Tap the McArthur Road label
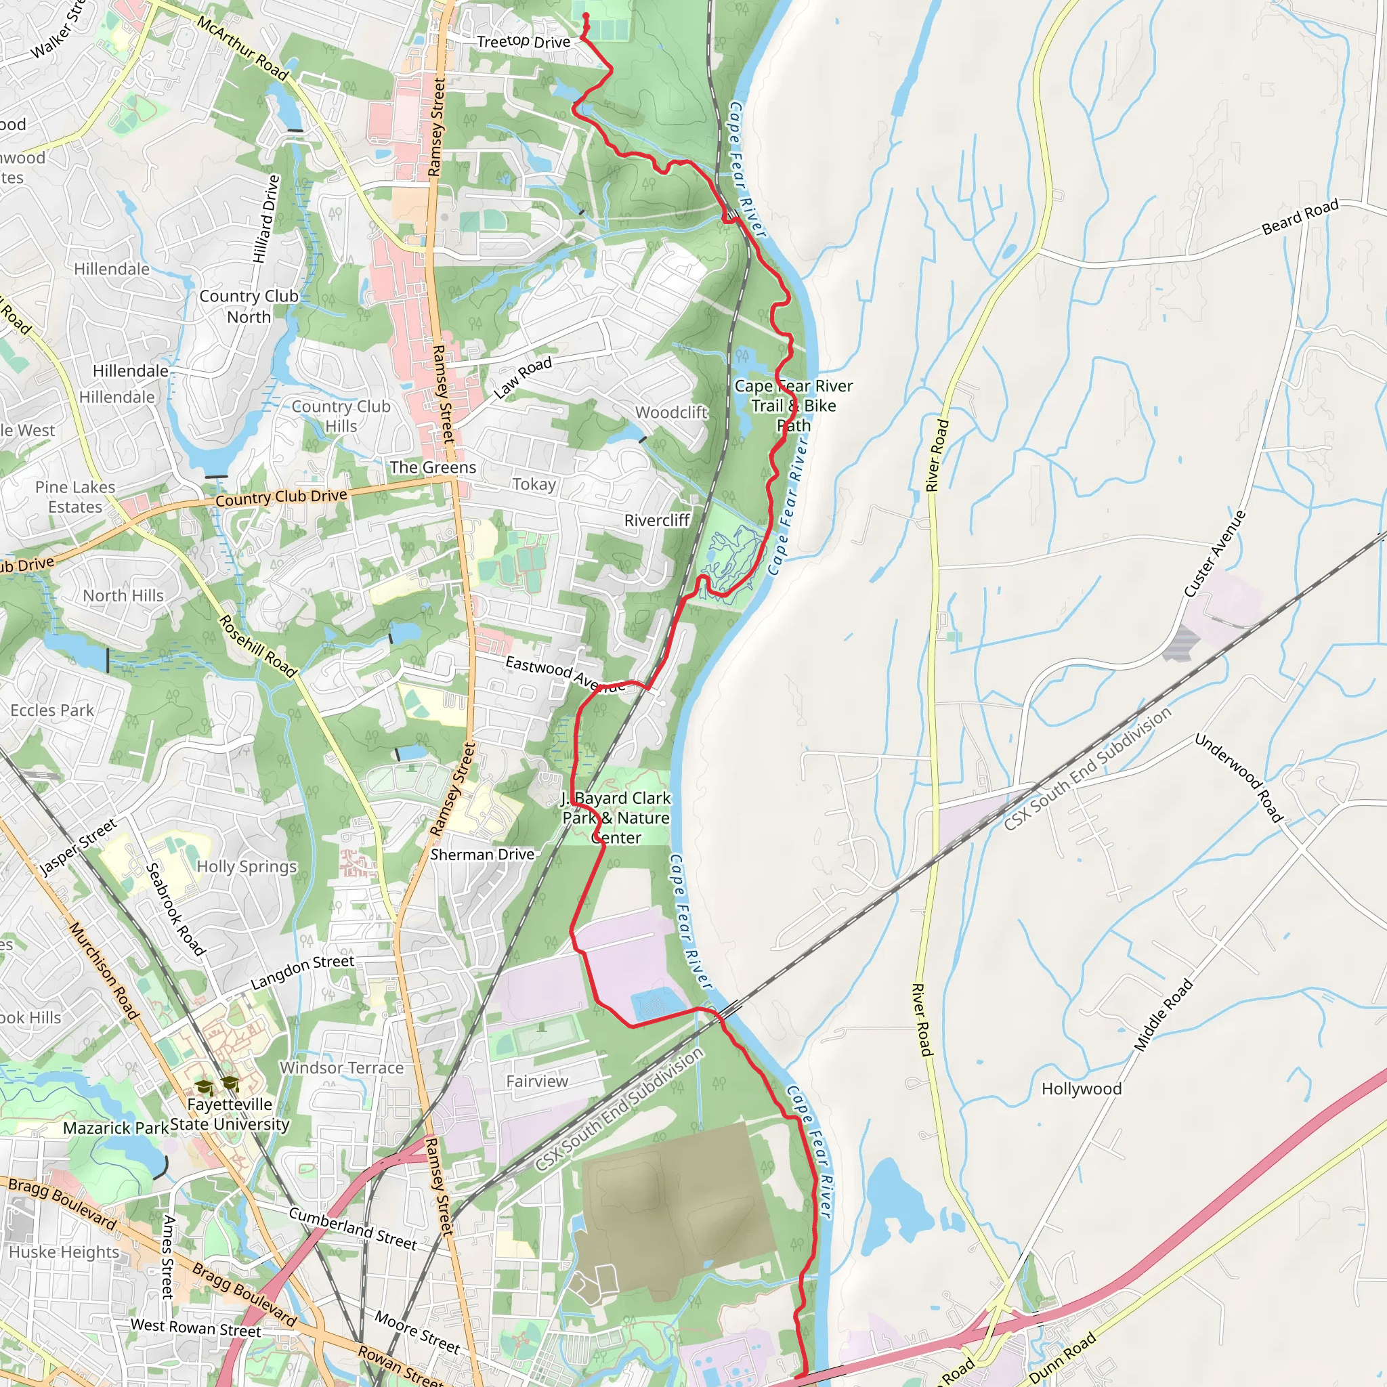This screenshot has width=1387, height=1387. pyautogui.click(x=242, y=48)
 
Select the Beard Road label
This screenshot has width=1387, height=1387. pyautogui.click(x=1300, y=217)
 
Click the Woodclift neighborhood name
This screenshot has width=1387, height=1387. pyautogui.click(x=671, y=412)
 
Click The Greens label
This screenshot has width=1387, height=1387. pyautogui.click(x=433, y=467)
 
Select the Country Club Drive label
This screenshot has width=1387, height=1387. pyautogui.click(x=282, y=497)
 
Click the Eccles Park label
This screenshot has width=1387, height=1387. pyautogui.click(x=51, y=710)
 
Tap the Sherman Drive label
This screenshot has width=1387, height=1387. pyautogui.click(x=482, y=854)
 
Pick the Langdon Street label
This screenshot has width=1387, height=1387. pyautogui.click(x=302, y=971)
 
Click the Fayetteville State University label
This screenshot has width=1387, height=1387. pyautogui.click(x=230, y=1113)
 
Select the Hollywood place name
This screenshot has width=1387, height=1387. pyautogui.click(x=1081, y=1088)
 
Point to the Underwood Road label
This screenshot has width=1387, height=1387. pyautogui.click(x=1239, y=777)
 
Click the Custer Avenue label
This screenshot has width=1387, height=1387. pyautogui.click(x=1215, y=553)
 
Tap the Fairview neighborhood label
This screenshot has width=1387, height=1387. pyautogui.click(x=536, y=1080)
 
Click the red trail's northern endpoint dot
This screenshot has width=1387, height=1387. pyautogui.click(x=586, y=15)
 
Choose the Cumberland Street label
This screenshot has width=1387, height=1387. pyautogui.click(x=352, y=1228)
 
